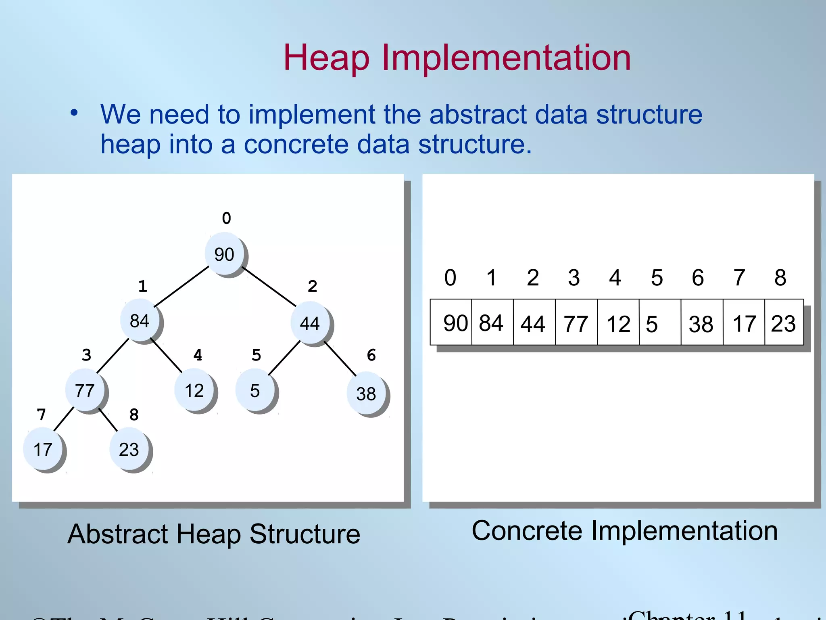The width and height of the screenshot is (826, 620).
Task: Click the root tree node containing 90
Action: click(x=225, y=254)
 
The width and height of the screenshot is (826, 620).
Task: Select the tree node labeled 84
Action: click(x=140, y=321)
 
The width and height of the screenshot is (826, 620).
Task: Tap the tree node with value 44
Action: click(x=310, y=323)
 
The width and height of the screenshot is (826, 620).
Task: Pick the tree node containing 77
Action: click(x=85, y=391)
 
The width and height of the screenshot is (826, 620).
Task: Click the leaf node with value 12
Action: click(x=194, y=391)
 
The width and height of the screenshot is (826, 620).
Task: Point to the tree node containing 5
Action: click(x=255, y=391)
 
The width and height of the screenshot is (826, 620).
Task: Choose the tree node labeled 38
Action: click(x=366, y=394)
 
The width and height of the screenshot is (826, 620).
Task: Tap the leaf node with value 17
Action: click(x=43, y=449)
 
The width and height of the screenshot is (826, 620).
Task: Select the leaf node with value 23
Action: click(x=129, y=449)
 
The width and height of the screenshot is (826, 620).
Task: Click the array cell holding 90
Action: click(x=451, y=323)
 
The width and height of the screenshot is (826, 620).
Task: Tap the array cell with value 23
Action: click(x=784, y=323)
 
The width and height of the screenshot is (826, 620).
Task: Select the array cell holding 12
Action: click(x=618, y=323)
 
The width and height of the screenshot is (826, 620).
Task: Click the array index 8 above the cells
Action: click(x=780, y=278)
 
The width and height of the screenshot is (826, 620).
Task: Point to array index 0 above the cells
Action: click(x=450, y=278)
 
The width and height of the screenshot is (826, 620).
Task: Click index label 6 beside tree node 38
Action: click(x=371, y=355)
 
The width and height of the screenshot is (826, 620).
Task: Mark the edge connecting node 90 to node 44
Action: click(x=269, y=286)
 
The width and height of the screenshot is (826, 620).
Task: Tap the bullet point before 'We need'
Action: click(x=74, y=113)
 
